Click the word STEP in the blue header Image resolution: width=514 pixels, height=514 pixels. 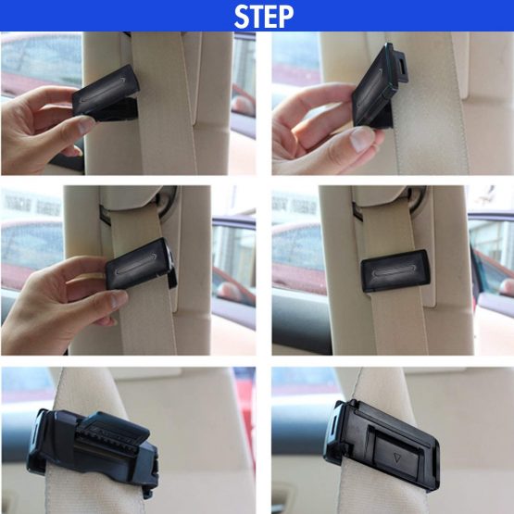(264, 17)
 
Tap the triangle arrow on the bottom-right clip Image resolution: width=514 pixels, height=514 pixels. (397, 458)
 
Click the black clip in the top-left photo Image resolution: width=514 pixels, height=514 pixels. (107, 94)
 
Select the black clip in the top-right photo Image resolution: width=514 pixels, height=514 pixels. (379, 86)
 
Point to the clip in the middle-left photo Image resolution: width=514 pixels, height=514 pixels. (142, 265)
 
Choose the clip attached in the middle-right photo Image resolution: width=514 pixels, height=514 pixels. (395, 270)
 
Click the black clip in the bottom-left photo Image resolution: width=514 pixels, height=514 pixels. (94, 451)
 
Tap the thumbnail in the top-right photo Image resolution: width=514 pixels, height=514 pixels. (362, 139)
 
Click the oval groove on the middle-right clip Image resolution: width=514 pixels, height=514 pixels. (394, 271)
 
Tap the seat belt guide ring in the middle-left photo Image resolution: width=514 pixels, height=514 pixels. (167, 202)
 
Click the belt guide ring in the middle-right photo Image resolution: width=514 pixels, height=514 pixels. (417, 201)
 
